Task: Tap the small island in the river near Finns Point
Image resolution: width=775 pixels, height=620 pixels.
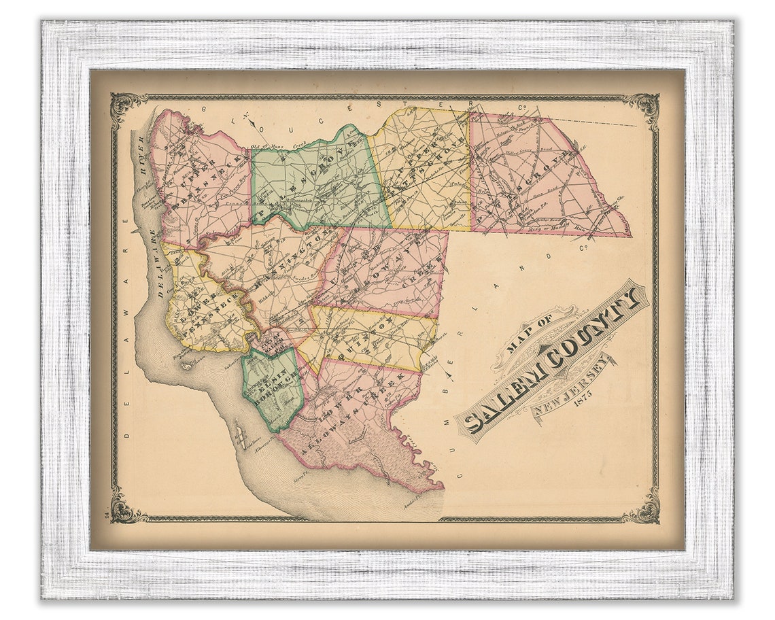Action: [x=186, y=365]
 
